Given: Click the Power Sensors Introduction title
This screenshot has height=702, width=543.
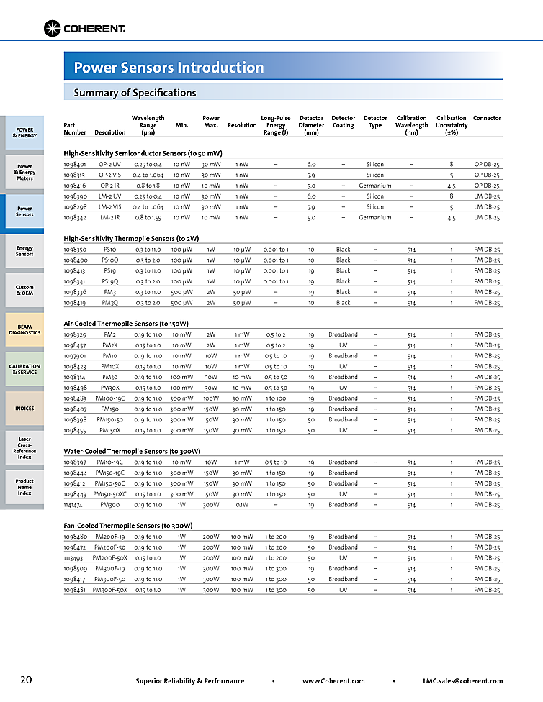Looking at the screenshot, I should [169, 68].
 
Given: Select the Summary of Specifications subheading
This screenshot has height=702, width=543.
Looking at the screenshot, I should [135, 93].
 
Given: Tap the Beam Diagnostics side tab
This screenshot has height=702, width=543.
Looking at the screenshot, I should [24, 329].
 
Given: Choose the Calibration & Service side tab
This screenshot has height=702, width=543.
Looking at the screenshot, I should [24, 369].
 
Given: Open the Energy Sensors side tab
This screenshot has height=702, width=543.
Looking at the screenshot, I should [24, 251].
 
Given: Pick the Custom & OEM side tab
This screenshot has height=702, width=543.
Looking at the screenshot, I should [24, 290].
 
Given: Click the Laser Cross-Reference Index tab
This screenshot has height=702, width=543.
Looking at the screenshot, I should [24, 447].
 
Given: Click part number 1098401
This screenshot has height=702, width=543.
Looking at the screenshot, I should [75, 164].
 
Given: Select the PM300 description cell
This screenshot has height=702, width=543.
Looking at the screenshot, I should [109, 505].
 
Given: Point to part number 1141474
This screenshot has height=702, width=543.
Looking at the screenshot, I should [75, 505].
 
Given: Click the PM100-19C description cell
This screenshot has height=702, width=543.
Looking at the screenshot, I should [109, 398].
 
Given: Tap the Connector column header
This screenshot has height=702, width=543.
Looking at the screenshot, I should [487, 118].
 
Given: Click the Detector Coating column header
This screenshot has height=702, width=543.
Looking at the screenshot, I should [343, 121].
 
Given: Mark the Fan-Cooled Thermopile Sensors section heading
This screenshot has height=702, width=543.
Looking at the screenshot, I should [128, 526].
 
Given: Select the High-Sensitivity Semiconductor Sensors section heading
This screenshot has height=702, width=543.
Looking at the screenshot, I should [143, 153].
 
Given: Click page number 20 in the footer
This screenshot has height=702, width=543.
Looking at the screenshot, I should [26, 680].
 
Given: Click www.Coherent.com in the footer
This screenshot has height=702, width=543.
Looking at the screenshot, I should [333, 681].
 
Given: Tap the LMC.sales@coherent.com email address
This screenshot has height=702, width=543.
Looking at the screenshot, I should [462, 681].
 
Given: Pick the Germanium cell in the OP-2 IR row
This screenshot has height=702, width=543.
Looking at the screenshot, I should [374, 186].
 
